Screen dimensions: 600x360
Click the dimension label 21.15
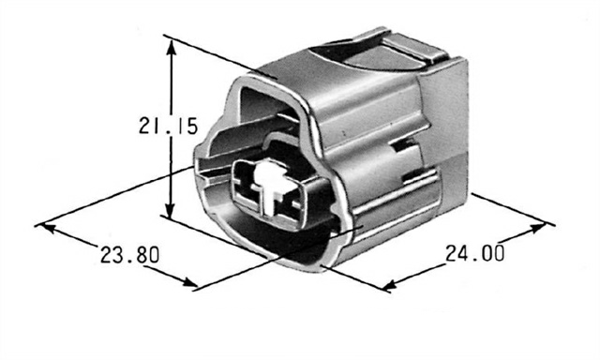point(168,126)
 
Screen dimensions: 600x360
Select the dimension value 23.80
point(129,254)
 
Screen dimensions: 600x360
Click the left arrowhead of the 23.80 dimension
point(47,229)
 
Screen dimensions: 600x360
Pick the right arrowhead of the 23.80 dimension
point(188,283)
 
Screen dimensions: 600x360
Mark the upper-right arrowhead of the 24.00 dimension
point(536,228)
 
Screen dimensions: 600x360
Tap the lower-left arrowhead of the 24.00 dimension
point(391,285)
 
